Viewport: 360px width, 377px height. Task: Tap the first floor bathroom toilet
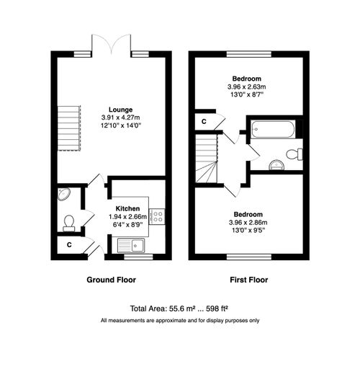294,154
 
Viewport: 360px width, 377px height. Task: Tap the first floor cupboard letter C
204,121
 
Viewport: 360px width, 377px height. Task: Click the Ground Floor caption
111,280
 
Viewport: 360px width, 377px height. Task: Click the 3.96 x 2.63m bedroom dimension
246,87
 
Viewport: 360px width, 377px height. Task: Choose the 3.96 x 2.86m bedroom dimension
246,223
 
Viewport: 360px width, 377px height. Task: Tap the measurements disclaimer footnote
180,320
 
